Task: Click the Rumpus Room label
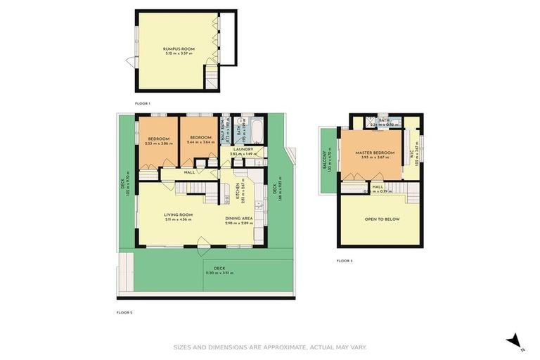[179, 49]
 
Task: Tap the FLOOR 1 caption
[143, 103]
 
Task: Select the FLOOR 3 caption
[344, 261]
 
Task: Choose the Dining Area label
[239, 219]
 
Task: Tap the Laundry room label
[243, 149]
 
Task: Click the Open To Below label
[382, 219]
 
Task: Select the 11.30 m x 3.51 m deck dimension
[219, 272]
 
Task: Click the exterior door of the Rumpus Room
[130, 62]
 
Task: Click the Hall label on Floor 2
[189, 172]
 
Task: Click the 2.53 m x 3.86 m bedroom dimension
[158, 143]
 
